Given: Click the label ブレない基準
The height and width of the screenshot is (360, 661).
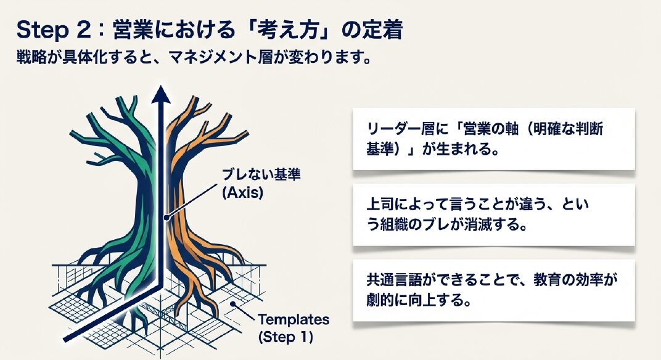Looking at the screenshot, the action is click(261, 174).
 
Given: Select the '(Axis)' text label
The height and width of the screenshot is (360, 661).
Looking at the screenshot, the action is click(242, 193).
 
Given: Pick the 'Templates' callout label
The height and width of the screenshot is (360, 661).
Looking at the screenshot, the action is click(294, 319).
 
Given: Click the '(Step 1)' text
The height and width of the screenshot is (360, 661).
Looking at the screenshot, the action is click(285, 337).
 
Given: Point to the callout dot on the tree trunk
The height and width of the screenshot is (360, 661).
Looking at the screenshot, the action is click(166, 218).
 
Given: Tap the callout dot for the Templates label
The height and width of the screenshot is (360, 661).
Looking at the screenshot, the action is click(232, 303).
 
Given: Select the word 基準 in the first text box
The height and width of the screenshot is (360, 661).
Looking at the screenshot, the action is click(380, 148).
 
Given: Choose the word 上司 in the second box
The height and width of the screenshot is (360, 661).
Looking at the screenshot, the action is click(380, 204).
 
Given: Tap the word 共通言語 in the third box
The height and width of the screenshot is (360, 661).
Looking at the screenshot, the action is click(395, 280).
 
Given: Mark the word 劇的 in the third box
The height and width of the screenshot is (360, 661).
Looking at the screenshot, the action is click(380, 300).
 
